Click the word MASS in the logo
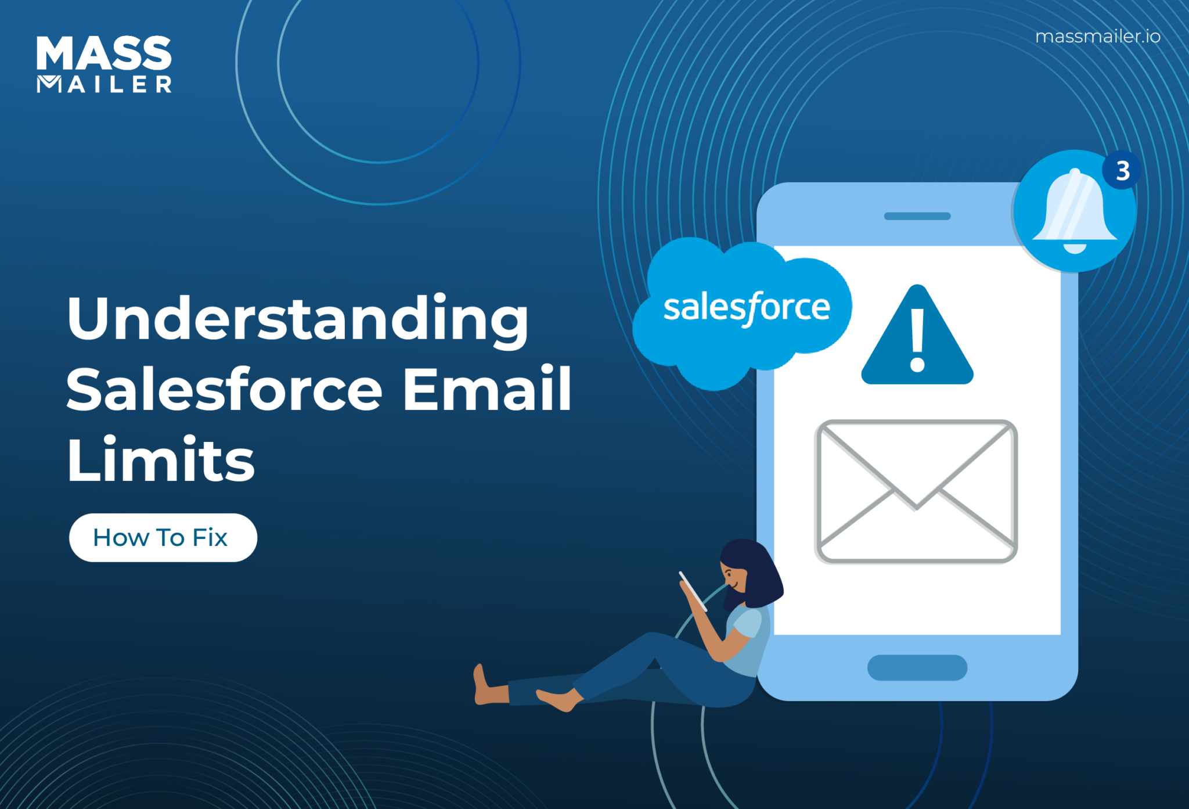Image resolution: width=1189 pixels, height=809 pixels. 103,53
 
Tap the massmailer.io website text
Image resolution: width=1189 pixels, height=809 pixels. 1097,37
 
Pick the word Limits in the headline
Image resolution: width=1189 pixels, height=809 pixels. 161,460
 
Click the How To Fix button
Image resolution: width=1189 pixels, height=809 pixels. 163,538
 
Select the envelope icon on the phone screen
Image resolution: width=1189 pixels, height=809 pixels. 916,491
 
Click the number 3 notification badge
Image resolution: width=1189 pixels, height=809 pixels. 1122,171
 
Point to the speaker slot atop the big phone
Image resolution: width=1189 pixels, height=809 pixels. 917,217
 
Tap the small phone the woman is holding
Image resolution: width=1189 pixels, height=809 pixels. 693,591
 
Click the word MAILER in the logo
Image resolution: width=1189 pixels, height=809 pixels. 105,85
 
